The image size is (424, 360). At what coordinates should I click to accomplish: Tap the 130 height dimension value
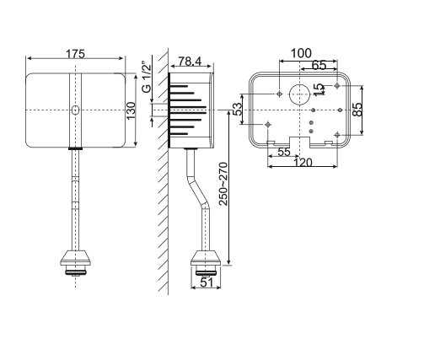pyautogui.click(x=131, y=112)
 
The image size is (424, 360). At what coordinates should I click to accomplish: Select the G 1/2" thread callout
pyautogui.click(x=147, y=78)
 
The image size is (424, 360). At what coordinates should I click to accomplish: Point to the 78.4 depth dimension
pyautogui.click(x=189, y=62)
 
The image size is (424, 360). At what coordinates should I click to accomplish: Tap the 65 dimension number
pyautogui.click(x=319, y=66)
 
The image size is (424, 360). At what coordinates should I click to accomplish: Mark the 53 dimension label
pyautogui.click(x=239, y=109)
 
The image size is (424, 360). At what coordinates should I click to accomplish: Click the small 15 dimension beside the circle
pyautogui.click(x=317, y=90)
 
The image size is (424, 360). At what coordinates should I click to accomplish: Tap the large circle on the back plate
pyautogui.click(x=298, y=94)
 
